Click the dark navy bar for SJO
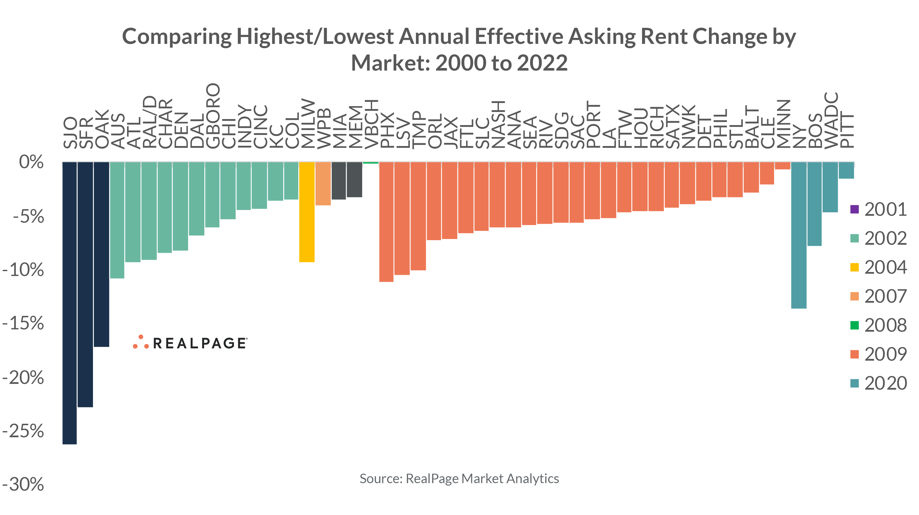69,303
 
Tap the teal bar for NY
799,235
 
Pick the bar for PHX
386,222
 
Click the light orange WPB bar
323,184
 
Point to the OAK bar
101,254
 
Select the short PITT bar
846,170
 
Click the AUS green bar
117,220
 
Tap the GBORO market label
213,116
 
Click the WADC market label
831,120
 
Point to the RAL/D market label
149,122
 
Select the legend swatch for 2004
854,267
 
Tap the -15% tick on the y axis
23,323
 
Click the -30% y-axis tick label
23,484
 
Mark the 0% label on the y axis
31,162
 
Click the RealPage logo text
199,343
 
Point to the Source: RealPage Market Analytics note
459,479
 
